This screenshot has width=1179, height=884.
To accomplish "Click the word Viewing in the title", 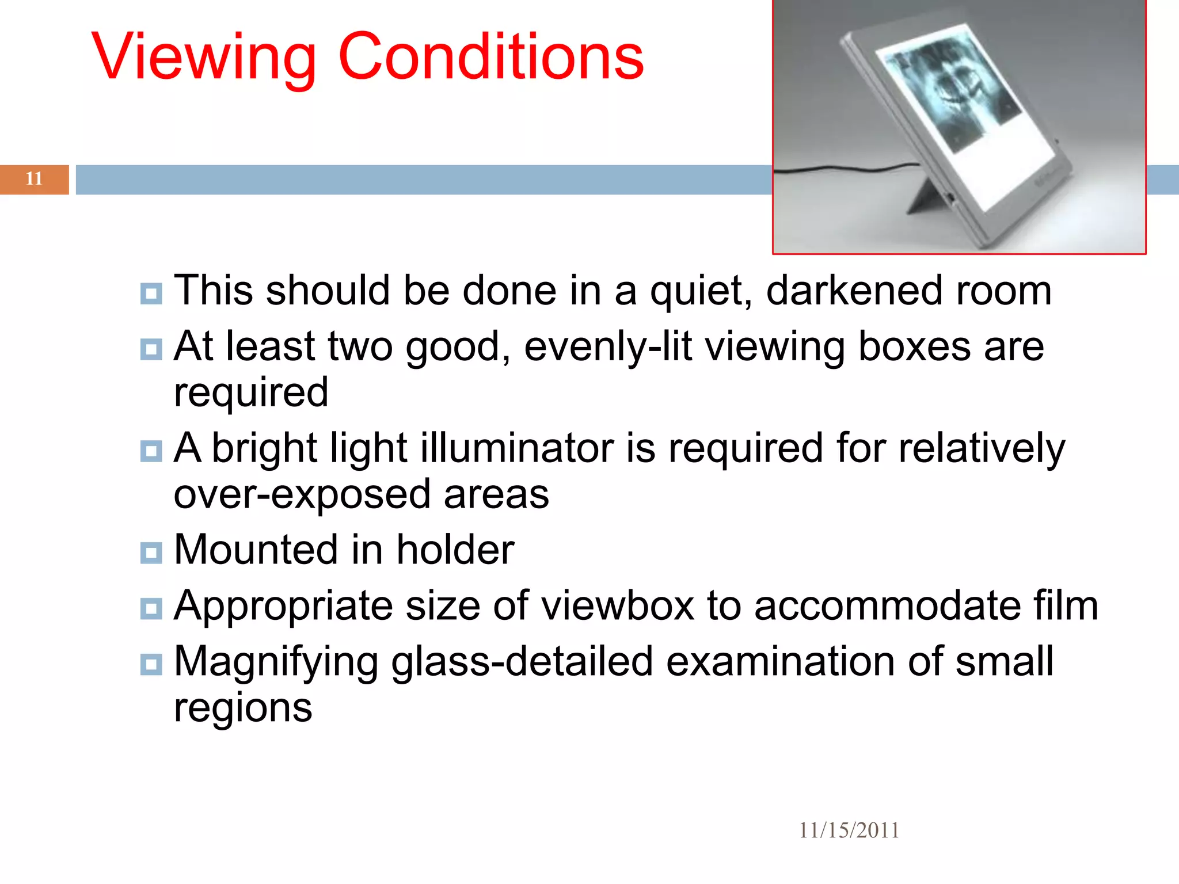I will tap(204, 58).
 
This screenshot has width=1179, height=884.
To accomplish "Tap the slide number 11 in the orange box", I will tap(34, 179).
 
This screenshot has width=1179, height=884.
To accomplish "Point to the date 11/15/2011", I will tap(849, 830).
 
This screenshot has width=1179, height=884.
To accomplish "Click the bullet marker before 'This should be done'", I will tap(151, 294).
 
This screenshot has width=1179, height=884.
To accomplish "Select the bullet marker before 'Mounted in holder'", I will tap(151, 552).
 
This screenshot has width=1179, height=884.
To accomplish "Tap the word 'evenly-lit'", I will tap(608, 346).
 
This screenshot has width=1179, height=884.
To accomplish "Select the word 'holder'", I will tap(455, 550).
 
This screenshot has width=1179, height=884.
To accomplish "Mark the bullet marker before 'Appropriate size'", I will tap(151, 608).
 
